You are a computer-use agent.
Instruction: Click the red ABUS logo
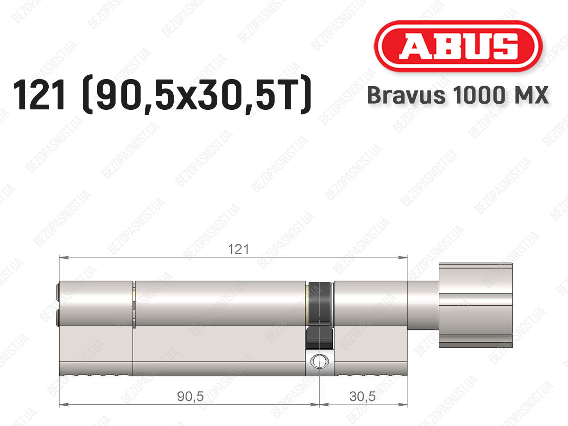(x=458, y=46)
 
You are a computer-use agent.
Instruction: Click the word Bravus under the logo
(x=406, y=95)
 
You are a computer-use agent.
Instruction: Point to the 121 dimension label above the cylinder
(x=239, y=249)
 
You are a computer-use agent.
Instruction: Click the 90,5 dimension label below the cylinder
(x=190, y=396)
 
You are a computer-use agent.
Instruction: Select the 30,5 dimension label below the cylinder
(x=362, y=396)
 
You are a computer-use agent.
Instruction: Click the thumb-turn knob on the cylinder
(x=476, y=305)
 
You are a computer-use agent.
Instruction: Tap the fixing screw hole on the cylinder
(x=320, y=361)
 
